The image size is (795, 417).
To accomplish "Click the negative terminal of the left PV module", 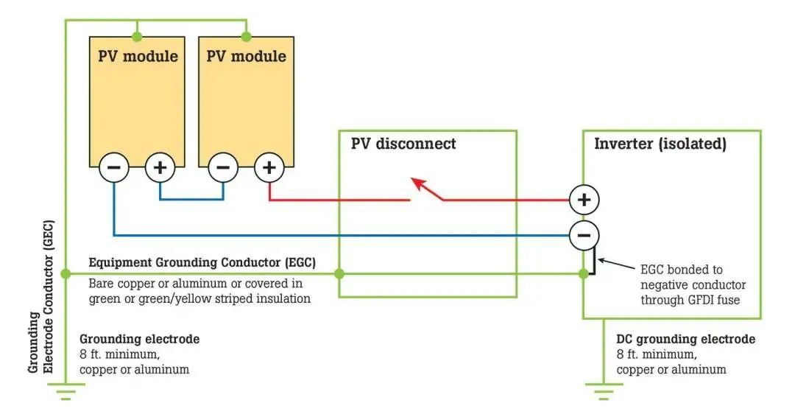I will point(114,168).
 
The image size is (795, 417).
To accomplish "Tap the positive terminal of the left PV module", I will point(160,168).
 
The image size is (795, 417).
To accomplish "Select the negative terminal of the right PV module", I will point(223,168).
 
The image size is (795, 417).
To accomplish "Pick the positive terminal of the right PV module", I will point(269,168).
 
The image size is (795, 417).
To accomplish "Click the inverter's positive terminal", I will point(584,200).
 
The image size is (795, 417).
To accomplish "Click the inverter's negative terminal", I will point(584,236).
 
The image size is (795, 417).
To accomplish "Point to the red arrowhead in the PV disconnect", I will point(419,183).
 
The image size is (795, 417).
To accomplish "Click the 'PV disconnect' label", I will point(403,144).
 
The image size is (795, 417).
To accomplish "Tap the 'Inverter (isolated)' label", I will point(660,144).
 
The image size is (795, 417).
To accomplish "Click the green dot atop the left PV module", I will point(136,36).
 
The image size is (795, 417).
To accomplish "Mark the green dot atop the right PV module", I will point(247,36).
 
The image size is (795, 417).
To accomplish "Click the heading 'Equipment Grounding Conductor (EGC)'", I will point(202,262).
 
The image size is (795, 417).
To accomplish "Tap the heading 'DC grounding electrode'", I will point(685,340).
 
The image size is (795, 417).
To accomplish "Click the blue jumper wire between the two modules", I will point(191,199).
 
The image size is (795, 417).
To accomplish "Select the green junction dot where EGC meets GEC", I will point(66,274).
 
